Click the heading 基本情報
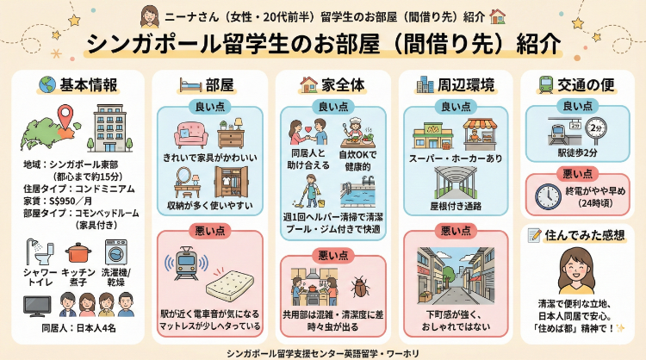(85, 84)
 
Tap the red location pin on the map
(65, 117)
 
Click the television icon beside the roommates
(36, 307)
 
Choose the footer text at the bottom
(322, 351)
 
